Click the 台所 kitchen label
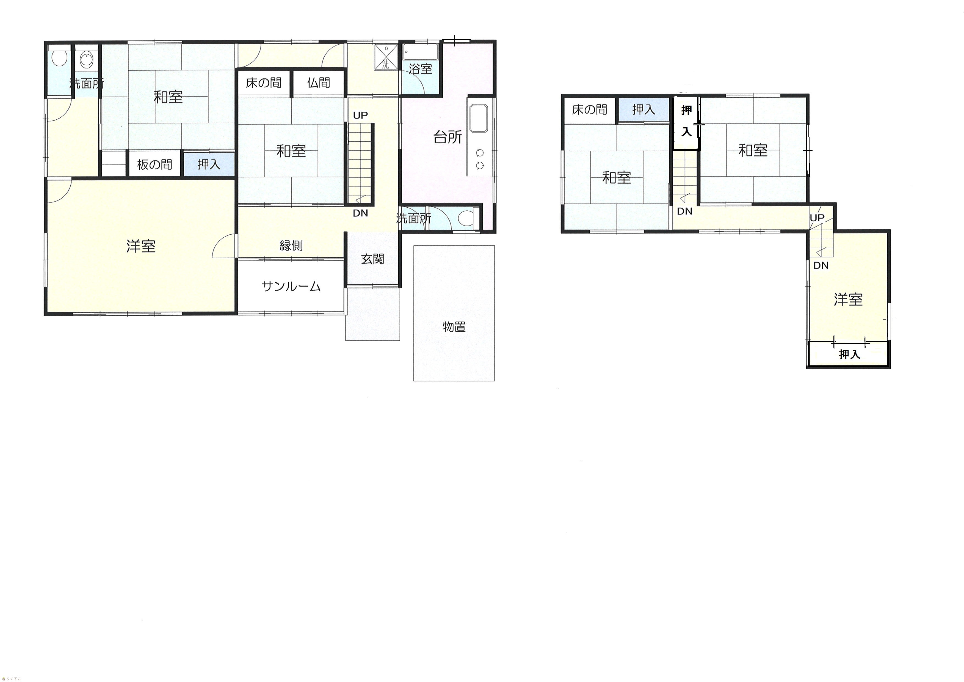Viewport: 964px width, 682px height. pyautogui.click(x=448, y=137)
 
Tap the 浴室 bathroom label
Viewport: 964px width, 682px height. pyautogui.click(x=420, y=69)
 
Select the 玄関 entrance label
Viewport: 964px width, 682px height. pyautogui.click(x=372, y=259)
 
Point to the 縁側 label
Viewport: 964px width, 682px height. pyautogui.click(x=291, y=245)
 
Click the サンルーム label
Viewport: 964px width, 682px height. pyautogui.click(x=291, y=286)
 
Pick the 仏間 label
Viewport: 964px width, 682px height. pyautogui.click(x=318, y=83)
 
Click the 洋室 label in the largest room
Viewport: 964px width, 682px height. pyautogui.click(x=141, y=246)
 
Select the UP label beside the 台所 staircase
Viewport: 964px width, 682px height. pyautogui.click(x=360, y=115)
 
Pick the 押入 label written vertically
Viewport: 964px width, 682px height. pyautogui.click(x=686, y=121)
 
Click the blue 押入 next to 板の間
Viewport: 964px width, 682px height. pyautogui.click(x=209, y=164)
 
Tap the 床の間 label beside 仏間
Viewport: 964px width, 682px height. pyautogui.click(x=264, y=83)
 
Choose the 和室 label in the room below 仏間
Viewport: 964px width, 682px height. pyautogui.click(x=291, y=151)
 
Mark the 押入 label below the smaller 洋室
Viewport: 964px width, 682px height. pyautogui.click(x=849, y=354)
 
